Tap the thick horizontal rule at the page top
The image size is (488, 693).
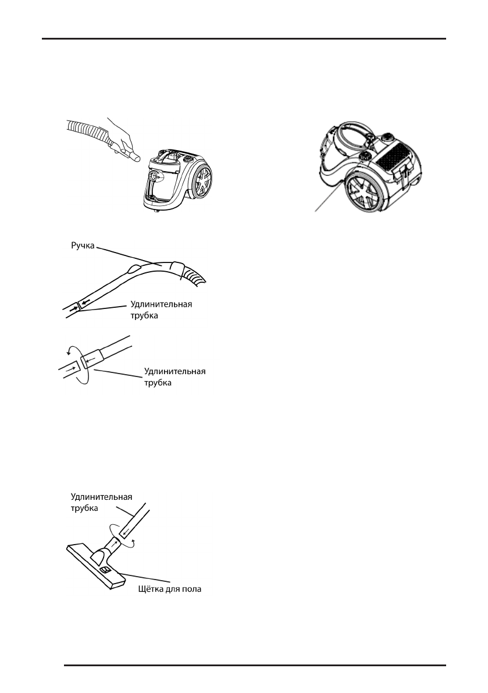[244, 40]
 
